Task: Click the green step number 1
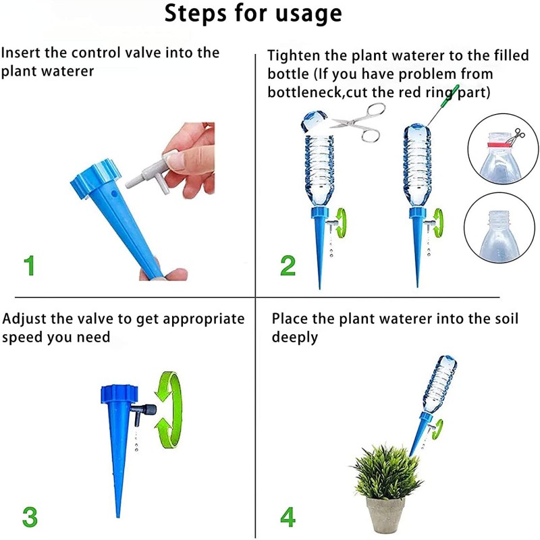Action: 29,265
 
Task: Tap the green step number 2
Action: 288,265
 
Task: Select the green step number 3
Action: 30,517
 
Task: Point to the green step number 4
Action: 288,517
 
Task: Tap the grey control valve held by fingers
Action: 147,173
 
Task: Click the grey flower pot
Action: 385,516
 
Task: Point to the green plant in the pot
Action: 385,471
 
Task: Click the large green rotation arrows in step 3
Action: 167,410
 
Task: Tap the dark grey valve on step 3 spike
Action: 144,411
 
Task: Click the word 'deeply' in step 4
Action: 294,337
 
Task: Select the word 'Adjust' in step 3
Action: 24,319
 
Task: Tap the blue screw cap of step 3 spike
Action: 119,394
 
